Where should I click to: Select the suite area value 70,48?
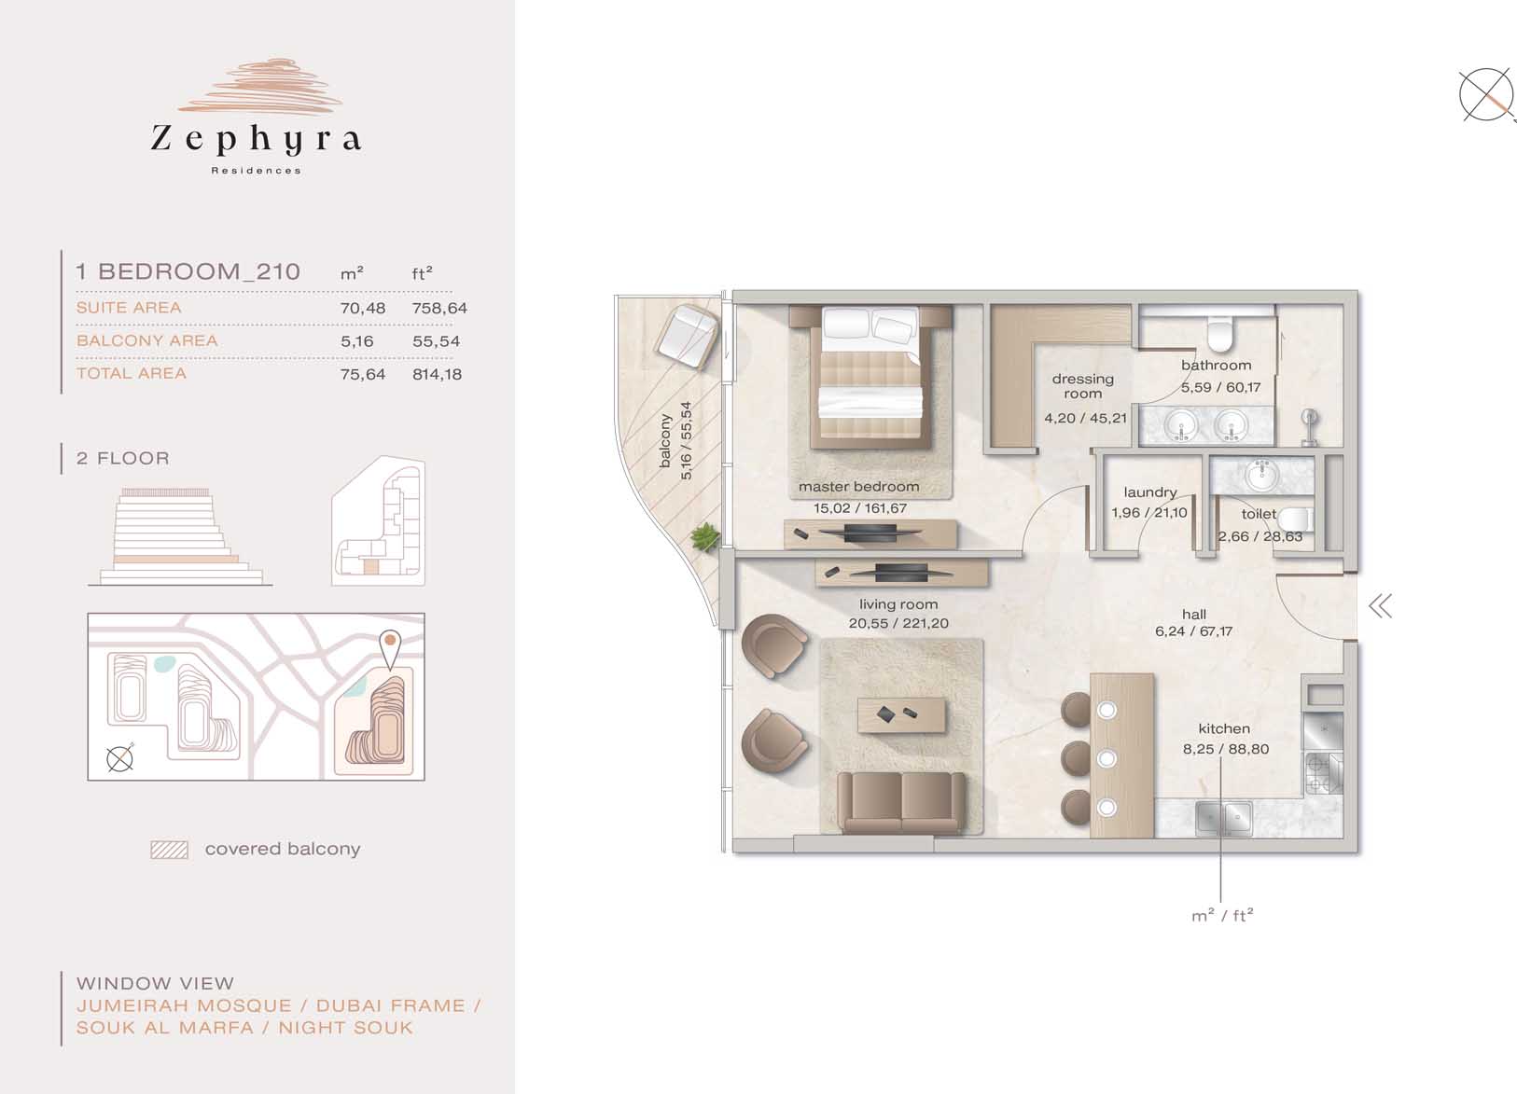click(x=362, y=309)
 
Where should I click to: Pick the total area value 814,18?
click(x=437, y=374)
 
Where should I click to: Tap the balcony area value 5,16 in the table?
click(x=357, y=341)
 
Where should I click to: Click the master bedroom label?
click(x=858, y=487)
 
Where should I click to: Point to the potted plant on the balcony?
click(x=704, y=537)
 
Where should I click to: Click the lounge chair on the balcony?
click(x=686, y=337)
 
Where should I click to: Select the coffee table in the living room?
click(x=901, y=715)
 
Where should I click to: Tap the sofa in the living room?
click(x=901, y=804)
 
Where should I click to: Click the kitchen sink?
click(x=1223, y=819)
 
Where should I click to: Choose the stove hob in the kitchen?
click(x=1322, y=773)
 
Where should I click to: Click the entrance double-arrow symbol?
click(x=1380, y=606)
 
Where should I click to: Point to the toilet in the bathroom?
click(x=1220, y=335)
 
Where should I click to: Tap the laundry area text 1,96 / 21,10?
click(x=1149, y=512)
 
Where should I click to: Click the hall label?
click(x=1194, y=614)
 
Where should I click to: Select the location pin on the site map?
click(x=389, y=648)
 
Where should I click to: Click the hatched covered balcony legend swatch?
click(x=169, y=850)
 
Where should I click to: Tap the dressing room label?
click(x=1082, y=386)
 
